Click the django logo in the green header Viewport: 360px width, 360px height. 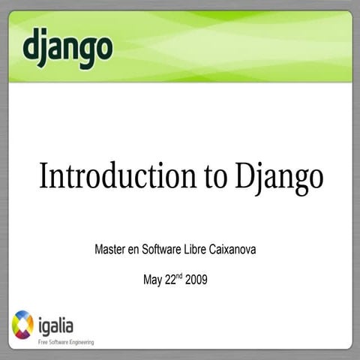tap(67, 47)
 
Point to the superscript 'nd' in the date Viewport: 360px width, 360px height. tap(178, 276)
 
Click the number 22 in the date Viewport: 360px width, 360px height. tap(169, 280)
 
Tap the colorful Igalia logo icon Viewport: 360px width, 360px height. tap(22, 325)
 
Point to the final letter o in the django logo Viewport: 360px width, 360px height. tap(103, 47)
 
